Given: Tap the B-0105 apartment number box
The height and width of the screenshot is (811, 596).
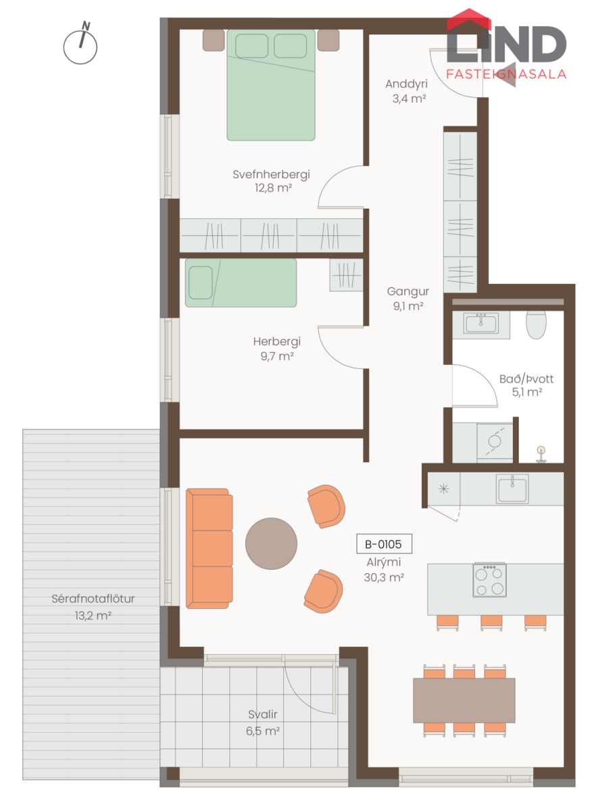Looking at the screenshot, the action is point(384,544).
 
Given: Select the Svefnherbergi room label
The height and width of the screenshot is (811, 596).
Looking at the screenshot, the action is point(271,174).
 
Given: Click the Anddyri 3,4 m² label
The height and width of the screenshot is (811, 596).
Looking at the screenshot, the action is point(406,91).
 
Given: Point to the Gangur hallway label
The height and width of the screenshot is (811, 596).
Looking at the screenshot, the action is point(408,291).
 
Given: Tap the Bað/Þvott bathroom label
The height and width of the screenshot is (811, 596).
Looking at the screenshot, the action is point(526,379).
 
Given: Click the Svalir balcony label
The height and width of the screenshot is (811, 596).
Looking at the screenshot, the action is point(263,714).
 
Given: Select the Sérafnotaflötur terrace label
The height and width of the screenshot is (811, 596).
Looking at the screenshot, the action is point(93,599).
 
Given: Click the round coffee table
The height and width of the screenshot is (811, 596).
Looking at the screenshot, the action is point(271,543).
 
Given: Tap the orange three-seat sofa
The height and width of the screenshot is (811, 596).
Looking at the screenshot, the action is point(209,548).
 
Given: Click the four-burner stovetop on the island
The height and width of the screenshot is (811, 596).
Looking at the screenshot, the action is point(489,579).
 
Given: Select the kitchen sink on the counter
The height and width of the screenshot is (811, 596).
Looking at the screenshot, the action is point(512,489).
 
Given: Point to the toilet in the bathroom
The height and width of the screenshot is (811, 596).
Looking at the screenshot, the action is point(536,324).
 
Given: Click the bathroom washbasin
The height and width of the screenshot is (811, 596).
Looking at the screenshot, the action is point(481,323).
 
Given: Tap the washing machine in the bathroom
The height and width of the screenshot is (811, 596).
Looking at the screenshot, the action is point(495,442).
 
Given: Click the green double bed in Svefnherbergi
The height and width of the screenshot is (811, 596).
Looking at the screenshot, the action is point(271,84).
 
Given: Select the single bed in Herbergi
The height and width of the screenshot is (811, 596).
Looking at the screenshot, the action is point(241,282).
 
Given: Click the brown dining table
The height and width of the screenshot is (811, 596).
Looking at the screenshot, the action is point(464,700).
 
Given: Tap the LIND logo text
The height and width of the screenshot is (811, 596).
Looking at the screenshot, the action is point(506,44).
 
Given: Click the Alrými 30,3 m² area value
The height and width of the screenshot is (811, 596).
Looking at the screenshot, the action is point(384,577).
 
